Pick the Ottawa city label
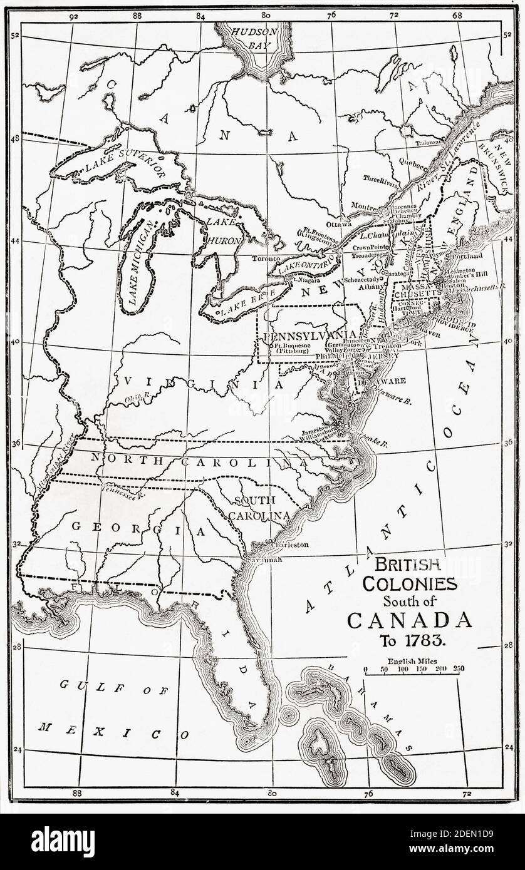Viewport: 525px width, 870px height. tap(339, 223)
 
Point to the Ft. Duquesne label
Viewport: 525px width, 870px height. tap(293, 345)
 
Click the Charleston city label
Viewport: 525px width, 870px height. tap(289, 545)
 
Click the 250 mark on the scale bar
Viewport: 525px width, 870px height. tap(459, 669)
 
